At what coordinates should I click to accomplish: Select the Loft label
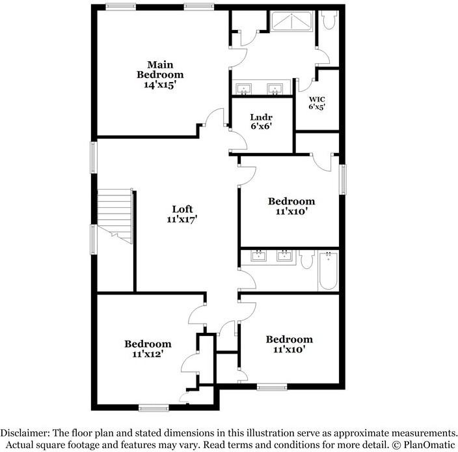[x=182, y=209]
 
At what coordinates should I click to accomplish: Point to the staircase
[x=114, y=216]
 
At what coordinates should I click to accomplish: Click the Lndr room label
[x=260, y=117]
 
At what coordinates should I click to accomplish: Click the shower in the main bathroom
[x=291, y=21]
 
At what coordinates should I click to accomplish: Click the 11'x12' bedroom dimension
[x=148, y=354]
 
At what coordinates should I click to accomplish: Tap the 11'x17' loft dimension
[x=182, y=220]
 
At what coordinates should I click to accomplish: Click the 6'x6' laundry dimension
[x=260, y=126]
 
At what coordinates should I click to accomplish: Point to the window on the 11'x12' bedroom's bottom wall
[x=154, y=408]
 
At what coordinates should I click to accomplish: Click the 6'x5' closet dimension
[x=317, y=106]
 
